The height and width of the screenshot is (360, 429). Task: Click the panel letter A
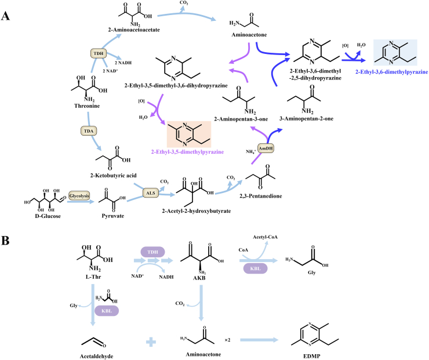pos(6,16)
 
